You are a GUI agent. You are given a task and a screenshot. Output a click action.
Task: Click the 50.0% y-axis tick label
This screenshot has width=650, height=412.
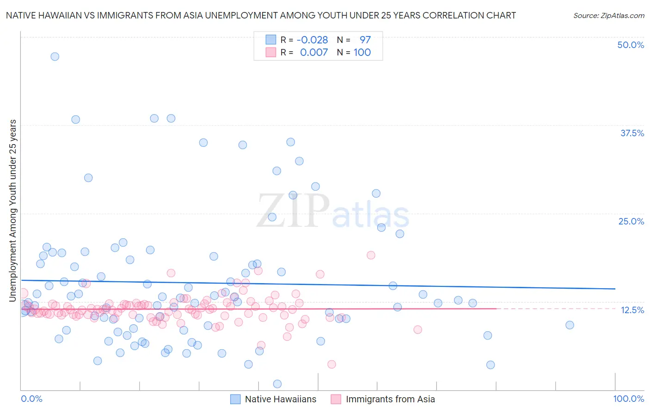point(631,45)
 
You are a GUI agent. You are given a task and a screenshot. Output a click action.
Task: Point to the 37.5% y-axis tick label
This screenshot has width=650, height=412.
point(632,133)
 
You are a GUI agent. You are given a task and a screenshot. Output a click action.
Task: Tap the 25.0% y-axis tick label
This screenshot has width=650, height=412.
point(631,221)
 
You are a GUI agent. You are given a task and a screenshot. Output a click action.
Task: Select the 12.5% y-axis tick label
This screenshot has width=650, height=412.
point(632,310)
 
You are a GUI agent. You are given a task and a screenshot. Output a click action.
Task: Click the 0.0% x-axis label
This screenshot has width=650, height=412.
point(31,399)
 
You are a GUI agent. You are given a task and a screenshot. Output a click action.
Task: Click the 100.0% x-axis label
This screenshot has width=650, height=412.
point(628,399)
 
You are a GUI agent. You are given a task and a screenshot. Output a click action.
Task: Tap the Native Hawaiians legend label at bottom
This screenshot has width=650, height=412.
point(280,399)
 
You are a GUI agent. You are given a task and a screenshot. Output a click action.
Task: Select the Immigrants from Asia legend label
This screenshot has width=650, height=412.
point(390,399)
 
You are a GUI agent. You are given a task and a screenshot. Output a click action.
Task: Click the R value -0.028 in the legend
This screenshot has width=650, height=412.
point(313,40)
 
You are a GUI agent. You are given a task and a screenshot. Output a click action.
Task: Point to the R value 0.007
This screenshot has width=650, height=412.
point(314,53)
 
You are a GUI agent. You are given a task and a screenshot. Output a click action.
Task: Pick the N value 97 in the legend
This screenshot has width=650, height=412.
point(365,40)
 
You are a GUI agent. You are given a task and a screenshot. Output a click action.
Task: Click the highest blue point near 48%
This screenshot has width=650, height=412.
point(55,57)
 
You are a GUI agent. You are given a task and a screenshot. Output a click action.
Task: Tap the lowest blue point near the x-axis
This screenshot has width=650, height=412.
point(277,384)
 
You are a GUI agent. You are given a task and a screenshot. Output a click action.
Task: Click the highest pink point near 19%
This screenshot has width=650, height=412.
point(371,255)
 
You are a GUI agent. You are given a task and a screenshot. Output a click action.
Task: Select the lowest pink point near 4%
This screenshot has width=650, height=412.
point(331,364)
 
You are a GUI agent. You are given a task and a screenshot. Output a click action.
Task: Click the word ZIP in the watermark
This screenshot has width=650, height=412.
point(293,211)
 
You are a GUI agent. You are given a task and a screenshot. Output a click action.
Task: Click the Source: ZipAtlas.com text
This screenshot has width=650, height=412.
point(608,15)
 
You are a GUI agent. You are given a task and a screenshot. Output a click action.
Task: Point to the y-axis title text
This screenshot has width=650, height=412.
point(12,211)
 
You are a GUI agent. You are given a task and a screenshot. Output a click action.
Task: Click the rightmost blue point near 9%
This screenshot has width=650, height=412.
point(570,325)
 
